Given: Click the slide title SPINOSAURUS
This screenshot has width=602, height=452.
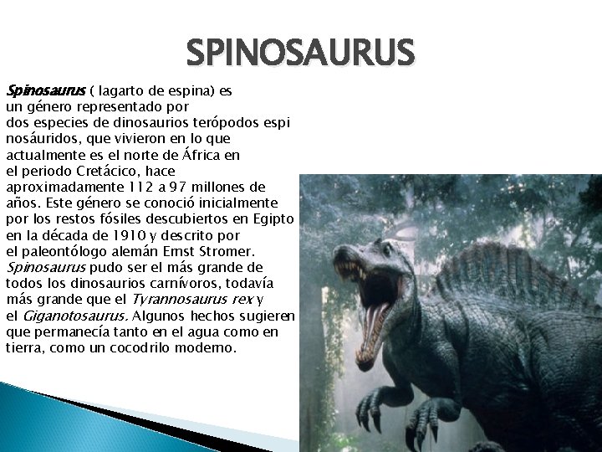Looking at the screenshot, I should [300, 54].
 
